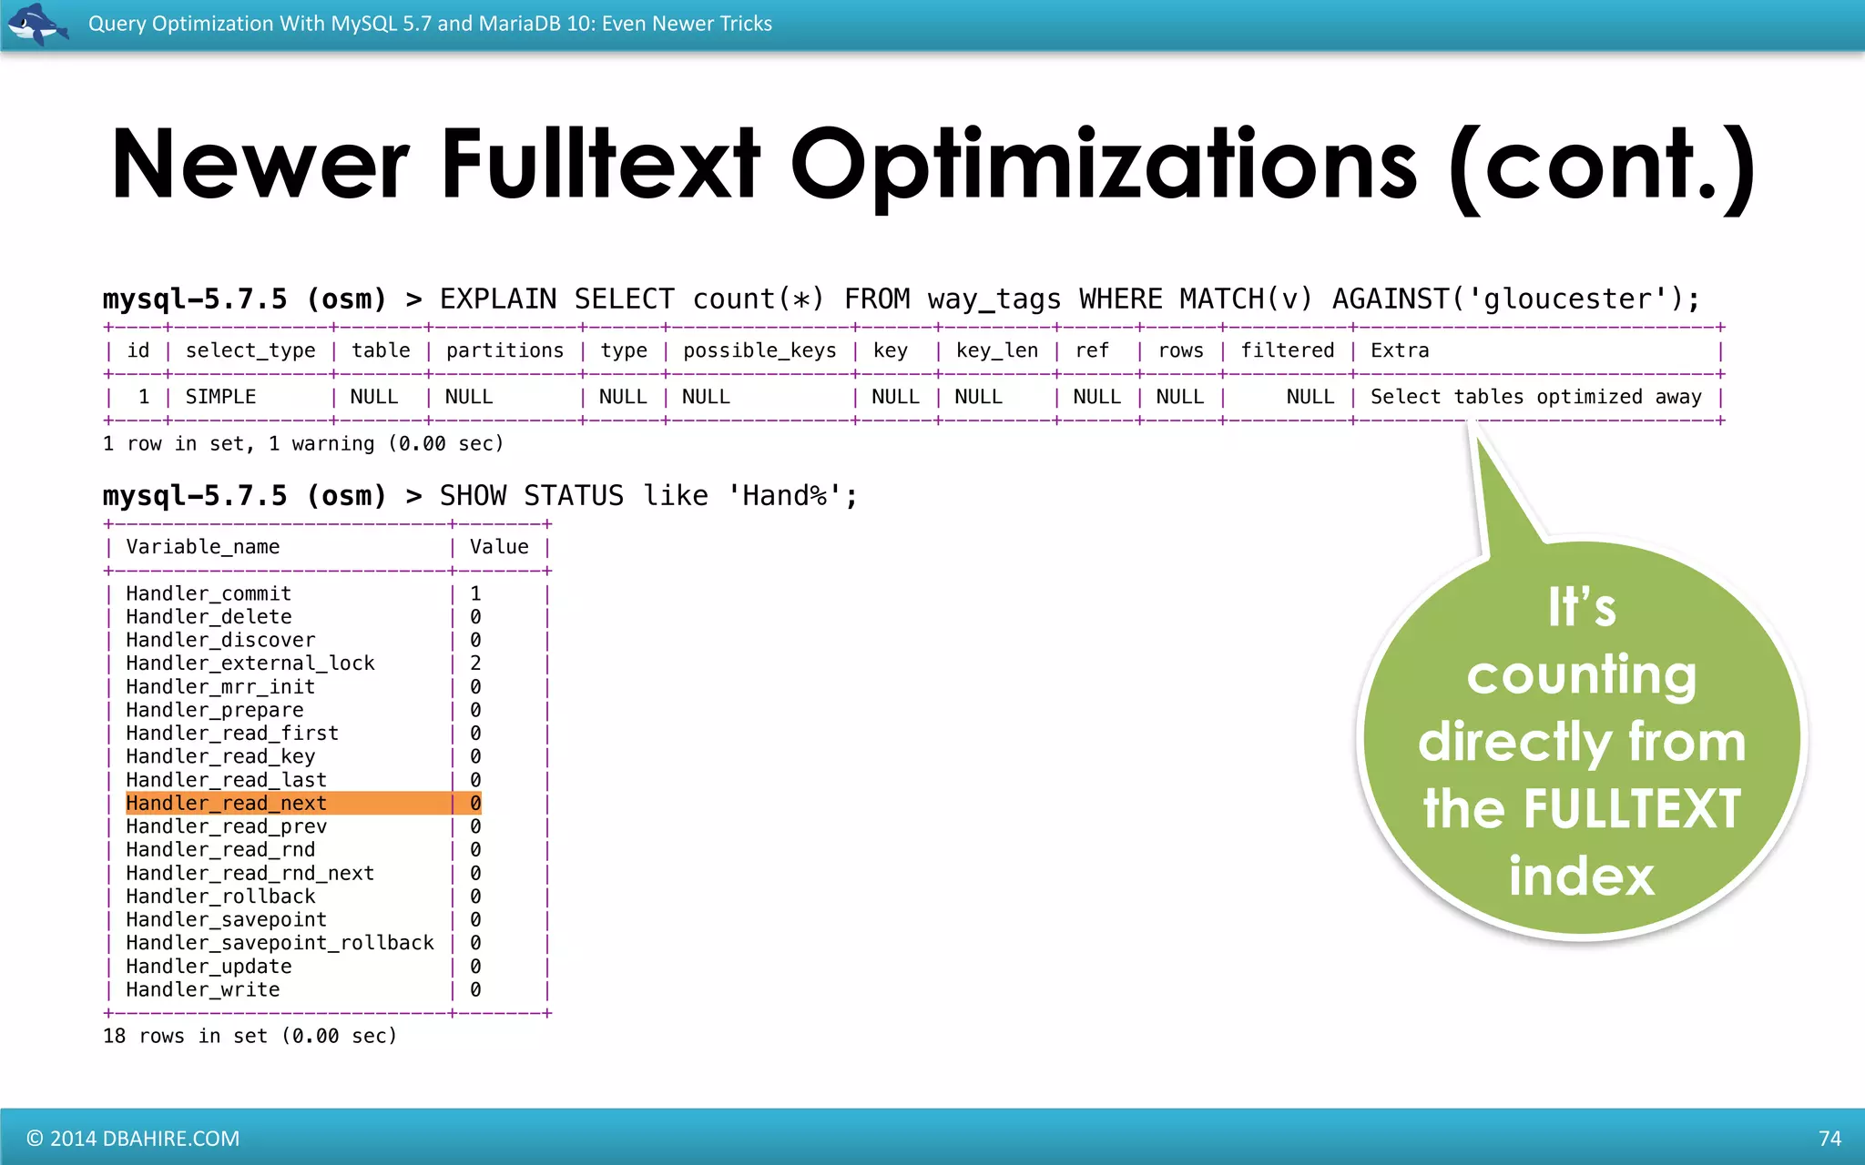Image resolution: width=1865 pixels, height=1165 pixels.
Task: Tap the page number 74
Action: point(1829,1139)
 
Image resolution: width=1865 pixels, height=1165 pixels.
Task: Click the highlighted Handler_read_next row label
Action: point(226,803)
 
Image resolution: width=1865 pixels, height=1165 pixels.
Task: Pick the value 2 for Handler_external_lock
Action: point(475,664)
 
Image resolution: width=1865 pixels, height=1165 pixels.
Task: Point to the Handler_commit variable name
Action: point(209,593)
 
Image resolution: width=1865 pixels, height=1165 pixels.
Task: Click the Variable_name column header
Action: point(202,547)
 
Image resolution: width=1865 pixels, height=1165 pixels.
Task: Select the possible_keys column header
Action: point(759,350)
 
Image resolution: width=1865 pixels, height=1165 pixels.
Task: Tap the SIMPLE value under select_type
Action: point(220,397)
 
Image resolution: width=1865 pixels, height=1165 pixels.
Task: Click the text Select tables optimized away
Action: point(1535,397)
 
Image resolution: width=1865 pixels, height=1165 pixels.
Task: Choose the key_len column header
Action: point(996,350)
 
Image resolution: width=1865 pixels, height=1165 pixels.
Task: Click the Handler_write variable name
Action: point(202,989)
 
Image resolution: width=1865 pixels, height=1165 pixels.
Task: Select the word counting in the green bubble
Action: point(1582,675)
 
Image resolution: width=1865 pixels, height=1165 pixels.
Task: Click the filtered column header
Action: point(1287,350)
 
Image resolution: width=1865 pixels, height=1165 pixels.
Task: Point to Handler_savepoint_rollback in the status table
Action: point(280,943)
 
